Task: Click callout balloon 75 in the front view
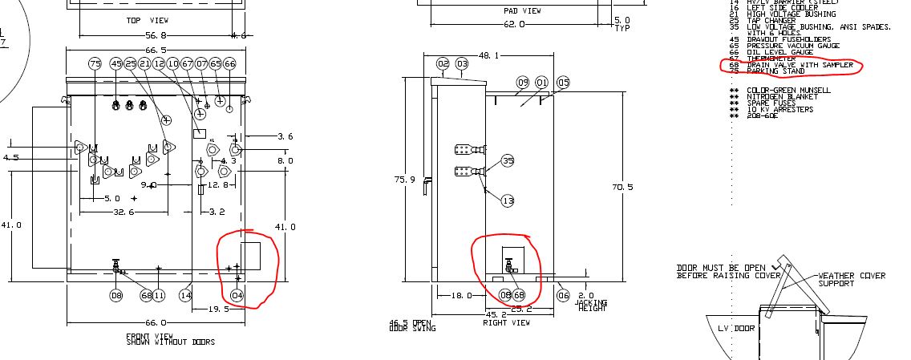(95, 63)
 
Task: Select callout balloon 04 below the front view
(237, 295)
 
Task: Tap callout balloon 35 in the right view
(508, 161)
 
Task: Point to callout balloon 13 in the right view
(508, 200)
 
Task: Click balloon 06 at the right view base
(563, 295)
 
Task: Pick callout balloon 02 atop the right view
(443, 63)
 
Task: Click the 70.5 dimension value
(622, 187)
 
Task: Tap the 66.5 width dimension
(156, 50)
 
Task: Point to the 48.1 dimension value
(488, 55)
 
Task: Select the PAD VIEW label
(522, 11)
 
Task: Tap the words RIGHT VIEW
(506, 322)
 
